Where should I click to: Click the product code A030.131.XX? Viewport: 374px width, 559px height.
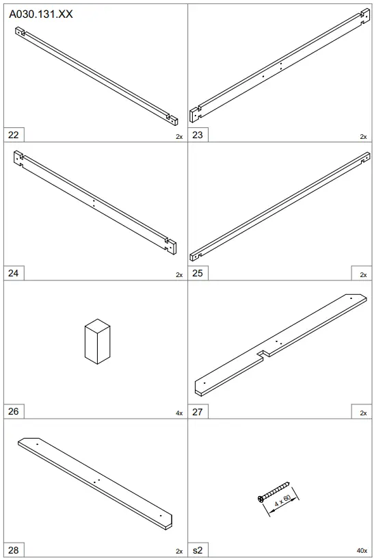coord(40,14)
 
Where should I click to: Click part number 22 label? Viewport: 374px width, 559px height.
coord(14,135)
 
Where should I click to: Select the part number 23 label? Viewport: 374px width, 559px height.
coord(198,135)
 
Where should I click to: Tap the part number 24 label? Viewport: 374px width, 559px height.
coord(14,273)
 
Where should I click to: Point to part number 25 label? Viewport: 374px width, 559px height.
coord(198,273)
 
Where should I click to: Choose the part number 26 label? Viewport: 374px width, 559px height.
coord(14,411)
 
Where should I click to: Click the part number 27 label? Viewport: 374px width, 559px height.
coord(198,412)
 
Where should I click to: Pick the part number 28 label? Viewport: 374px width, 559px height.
coord(14,550)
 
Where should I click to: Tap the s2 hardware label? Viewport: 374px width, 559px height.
coord(198,550)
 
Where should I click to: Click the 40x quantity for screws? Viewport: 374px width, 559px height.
coord(362,551)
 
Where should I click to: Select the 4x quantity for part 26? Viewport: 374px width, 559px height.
coord(179,413)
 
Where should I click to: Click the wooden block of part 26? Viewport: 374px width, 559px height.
coord(97,341)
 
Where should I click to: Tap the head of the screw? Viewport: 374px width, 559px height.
coord(261,499)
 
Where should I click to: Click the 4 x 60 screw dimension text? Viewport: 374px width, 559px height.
coord(283,501)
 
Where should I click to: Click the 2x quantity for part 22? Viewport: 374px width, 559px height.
coord(179,137)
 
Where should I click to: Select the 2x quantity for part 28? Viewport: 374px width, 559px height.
coord(179,551)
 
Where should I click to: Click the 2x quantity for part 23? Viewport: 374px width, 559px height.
coord(363,137)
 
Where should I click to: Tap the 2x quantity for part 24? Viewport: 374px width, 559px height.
coord(179,275)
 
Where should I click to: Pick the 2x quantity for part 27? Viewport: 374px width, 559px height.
coord(363,413)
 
